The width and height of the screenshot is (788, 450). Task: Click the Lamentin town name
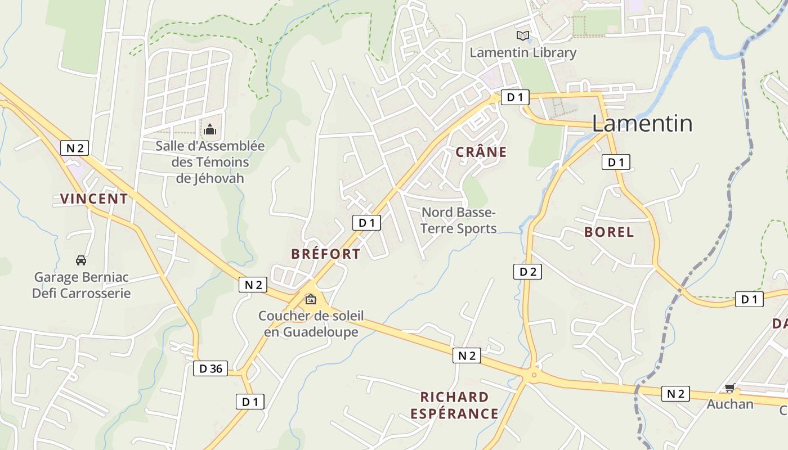point(642,123)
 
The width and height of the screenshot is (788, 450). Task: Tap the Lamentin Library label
point(523,53)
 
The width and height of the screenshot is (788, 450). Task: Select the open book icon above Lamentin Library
point(523,36)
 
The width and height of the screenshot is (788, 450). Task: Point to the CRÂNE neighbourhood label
point(481,152)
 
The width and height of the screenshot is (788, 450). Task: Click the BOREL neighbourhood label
point(609,232)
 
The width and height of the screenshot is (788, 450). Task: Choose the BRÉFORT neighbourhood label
point(325,254)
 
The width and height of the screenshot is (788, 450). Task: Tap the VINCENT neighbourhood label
point(94,199)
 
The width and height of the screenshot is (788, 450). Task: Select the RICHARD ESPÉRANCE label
point(454,406)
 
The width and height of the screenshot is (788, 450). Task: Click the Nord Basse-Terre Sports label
point(459,220)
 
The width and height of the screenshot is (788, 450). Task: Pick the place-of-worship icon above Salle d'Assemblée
point(210,129)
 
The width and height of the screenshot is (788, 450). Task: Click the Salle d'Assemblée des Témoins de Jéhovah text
point(210,162)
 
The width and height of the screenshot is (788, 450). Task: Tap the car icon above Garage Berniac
point(81,260)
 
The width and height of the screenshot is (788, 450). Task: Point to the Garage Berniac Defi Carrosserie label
point(81,285)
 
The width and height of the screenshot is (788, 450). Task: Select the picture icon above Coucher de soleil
point(310,299)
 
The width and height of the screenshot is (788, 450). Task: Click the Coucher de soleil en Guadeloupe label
point(311,324)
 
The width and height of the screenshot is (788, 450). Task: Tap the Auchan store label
point(730,404)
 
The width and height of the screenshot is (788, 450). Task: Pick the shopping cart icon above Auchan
point(730,388)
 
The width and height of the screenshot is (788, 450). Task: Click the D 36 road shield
point(211,369)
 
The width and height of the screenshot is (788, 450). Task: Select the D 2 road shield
point(527,272)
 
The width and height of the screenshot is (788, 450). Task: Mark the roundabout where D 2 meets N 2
point(532,374)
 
